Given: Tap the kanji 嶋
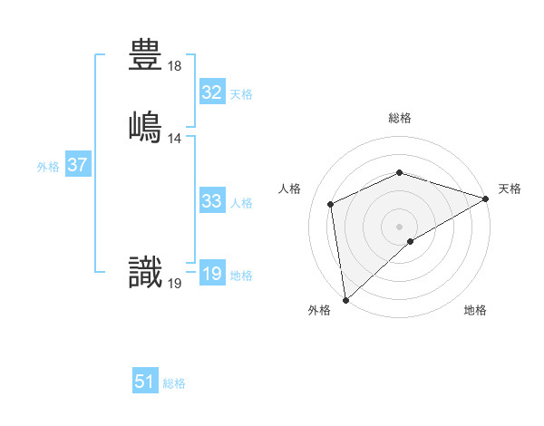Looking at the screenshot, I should click(146, 124).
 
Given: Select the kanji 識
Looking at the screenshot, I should click(146, 273).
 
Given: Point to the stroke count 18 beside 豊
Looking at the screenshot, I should click(175, 67).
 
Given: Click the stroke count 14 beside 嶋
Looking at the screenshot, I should click(175, 138).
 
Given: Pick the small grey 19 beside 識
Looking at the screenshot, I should click(175, 285).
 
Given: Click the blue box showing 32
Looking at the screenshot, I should click(212, 92).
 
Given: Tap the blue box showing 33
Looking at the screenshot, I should click(212, 201).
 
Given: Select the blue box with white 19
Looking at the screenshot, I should click(212, 274).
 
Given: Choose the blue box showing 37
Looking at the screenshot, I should click(77, 165).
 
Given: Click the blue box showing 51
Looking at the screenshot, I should click(145, 382).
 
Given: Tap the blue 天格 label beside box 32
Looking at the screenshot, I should click(241, 94).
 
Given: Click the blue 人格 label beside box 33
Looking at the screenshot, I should click(241, 203).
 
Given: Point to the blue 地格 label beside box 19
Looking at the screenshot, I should click(241, 276).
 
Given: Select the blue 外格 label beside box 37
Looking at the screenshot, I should click(48, 167).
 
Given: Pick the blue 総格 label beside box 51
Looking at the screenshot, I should click(174, 383).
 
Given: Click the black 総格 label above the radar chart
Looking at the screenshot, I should click(400, 118).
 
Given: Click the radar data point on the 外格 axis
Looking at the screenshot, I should click(345, 300).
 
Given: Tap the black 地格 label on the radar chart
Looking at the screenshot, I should click(475, 310).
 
